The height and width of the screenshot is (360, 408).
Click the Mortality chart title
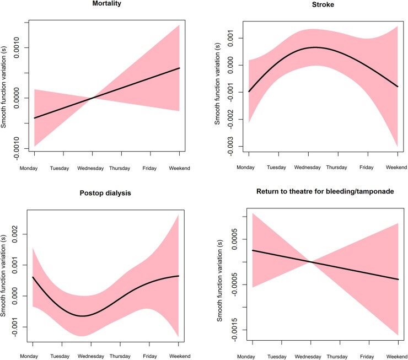click(107, 4)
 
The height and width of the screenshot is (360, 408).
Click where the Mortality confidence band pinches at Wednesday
click(93, 98)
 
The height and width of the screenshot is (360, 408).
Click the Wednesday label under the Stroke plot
click(307, 167)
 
